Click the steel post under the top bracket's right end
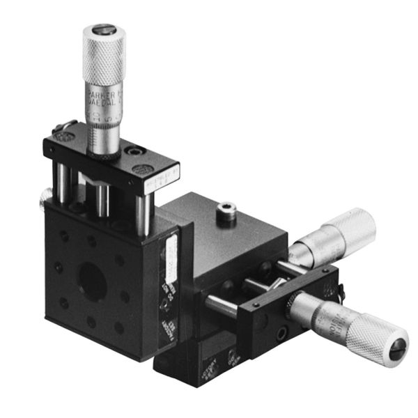click(148, 208)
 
